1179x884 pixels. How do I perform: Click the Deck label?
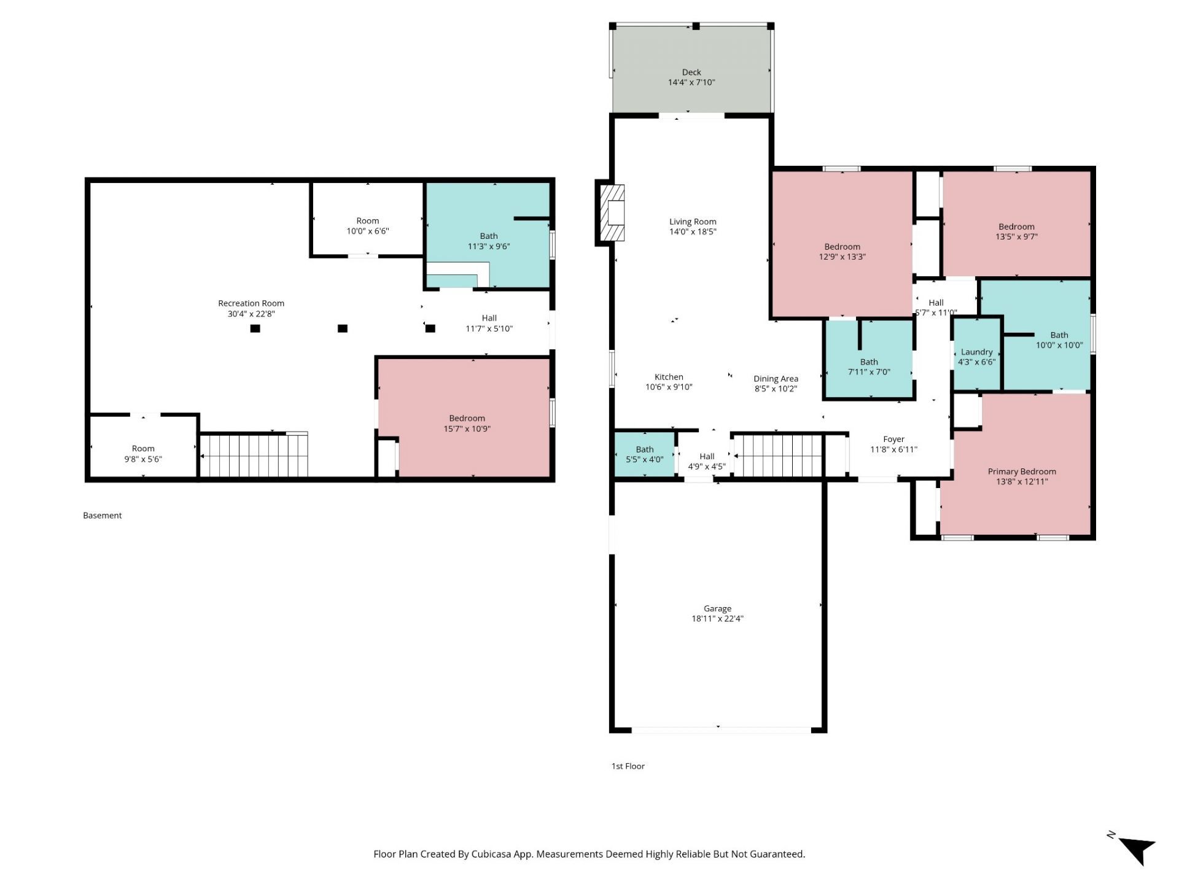click(691, 72)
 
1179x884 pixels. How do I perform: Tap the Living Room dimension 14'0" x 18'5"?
click(693, 232)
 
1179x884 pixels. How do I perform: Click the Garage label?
click(717, 609)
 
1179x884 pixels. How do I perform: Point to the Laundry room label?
click(976, 352)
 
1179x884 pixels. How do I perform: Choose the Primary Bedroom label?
click(1022, 471)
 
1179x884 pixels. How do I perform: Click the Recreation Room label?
click(251, 303)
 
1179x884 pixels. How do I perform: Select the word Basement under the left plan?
click(103, 516)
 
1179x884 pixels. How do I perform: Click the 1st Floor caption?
click(628, 766)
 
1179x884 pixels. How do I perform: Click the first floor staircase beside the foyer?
click(778, 456)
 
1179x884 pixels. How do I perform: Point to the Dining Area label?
click(776, 379)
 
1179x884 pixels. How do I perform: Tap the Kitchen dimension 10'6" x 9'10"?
click(669, 387)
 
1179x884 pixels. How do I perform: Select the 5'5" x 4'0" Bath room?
click(645, 454)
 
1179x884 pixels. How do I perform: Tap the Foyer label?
click(893, 440)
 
